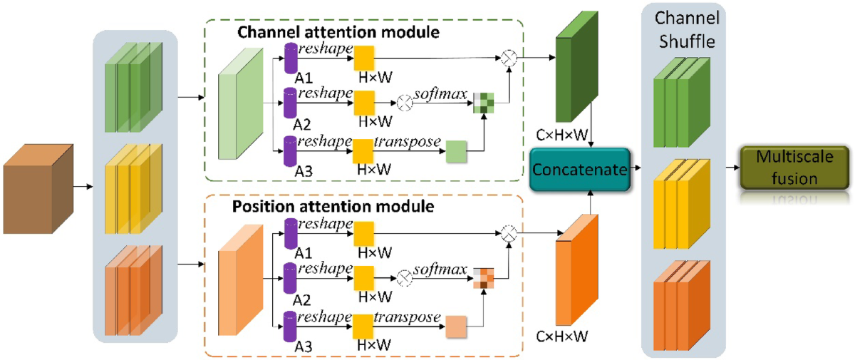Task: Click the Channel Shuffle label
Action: click(687, 29)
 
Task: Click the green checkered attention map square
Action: click(484, 104)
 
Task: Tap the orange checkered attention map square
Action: click(484, 277)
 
